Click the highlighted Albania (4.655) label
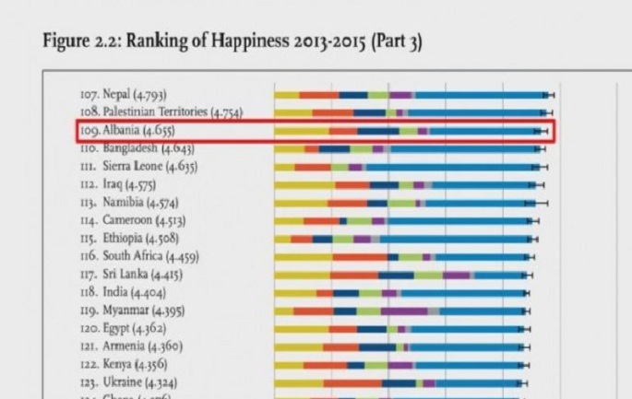click(x=127, y=130)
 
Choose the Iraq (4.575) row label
click(x=117, y=184)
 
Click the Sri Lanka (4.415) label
click(x=130, y=274)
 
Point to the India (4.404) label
click(x=121, y=292)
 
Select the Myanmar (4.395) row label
click(x=130, y=311)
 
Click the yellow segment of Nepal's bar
click(x=287, y=95)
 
